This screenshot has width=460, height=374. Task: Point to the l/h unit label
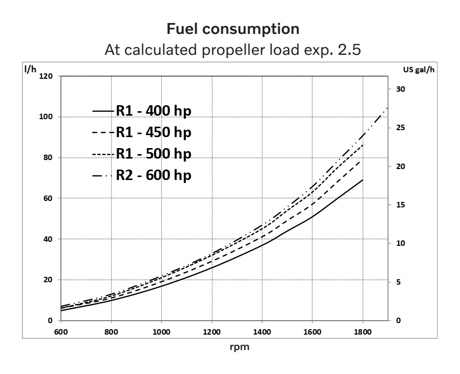30,69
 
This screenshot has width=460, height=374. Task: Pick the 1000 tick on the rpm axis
161,331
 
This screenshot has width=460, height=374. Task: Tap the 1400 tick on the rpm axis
262,331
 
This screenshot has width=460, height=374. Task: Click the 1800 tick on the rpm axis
363,331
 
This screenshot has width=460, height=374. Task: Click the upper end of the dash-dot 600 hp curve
387,108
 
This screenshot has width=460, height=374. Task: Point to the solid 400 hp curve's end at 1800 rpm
363,180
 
